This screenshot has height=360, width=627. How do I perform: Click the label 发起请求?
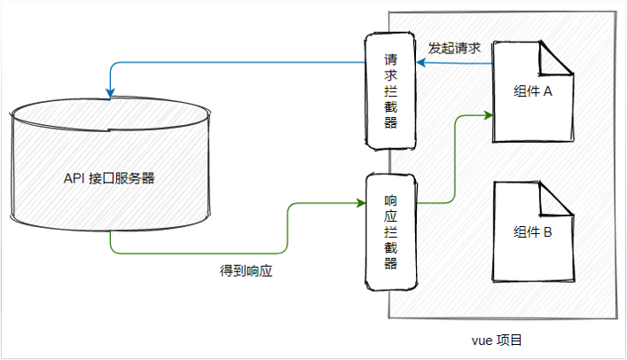tap(454, 49)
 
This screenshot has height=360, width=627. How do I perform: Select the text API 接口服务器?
tap(110, 177)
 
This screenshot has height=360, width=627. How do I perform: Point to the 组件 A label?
tap(533, 92)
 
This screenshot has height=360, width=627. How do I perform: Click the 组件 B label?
tap(533, 232)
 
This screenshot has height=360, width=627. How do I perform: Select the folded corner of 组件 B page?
tap(558, 200)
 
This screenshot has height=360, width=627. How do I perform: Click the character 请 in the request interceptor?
tap(390, 61)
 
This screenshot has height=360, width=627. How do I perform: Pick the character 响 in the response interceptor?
tap(390, 200)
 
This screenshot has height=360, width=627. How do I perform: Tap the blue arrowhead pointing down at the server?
tap(109, 90)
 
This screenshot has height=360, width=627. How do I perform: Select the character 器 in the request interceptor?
tap(390, 122)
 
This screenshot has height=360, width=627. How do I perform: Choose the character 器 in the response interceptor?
tap(390, 264)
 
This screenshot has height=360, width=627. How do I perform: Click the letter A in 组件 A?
tap(547, 92)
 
